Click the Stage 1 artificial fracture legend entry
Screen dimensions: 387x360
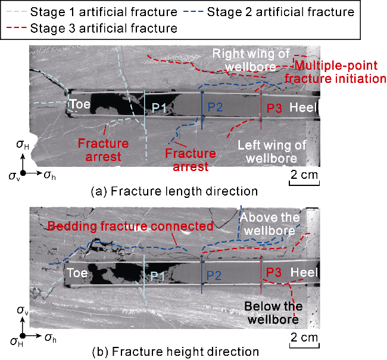pyautogui.click(x=92, y=12)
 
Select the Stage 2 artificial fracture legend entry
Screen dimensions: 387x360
pyautogui.click(x=269, y=12)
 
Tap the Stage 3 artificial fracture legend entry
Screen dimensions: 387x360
pyautogui.click(x=92, y=28)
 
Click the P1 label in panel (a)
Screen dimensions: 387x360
pyautogui.click(x=159, y=108)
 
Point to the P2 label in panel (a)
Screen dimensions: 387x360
pyautogui.click(x=215, y=107)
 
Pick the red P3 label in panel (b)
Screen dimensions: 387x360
pyautogui.click(x=274, y=272)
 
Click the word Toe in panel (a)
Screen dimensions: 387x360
pyautogui.click(x=80, y=104)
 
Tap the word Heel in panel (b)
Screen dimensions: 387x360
pyautogui.click(x=304, y=272)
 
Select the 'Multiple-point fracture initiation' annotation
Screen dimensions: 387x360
pyautogui.click(x=335, y=72)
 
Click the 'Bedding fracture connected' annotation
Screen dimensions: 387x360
pyautogui.click(x=130, y=226)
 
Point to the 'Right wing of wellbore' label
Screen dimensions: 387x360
pyautogui.click(x=251, y=60)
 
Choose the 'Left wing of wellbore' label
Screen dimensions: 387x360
pyautogui.click(x=271, y=152)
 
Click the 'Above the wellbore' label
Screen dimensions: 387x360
pyautogui.click(x=270, y=224)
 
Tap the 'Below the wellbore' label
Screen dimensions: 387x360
pyautogui.click(x=273, y=313)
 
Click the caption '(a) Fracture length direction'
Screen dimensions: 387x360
pyautogui.click(x=174, y=191)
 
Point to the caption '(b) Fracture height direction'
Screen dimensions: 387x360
pyautogui.click(x=176, y=352)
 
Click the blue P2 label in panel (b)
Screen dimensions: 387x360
pyautogui.click(x=214, y=275)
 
